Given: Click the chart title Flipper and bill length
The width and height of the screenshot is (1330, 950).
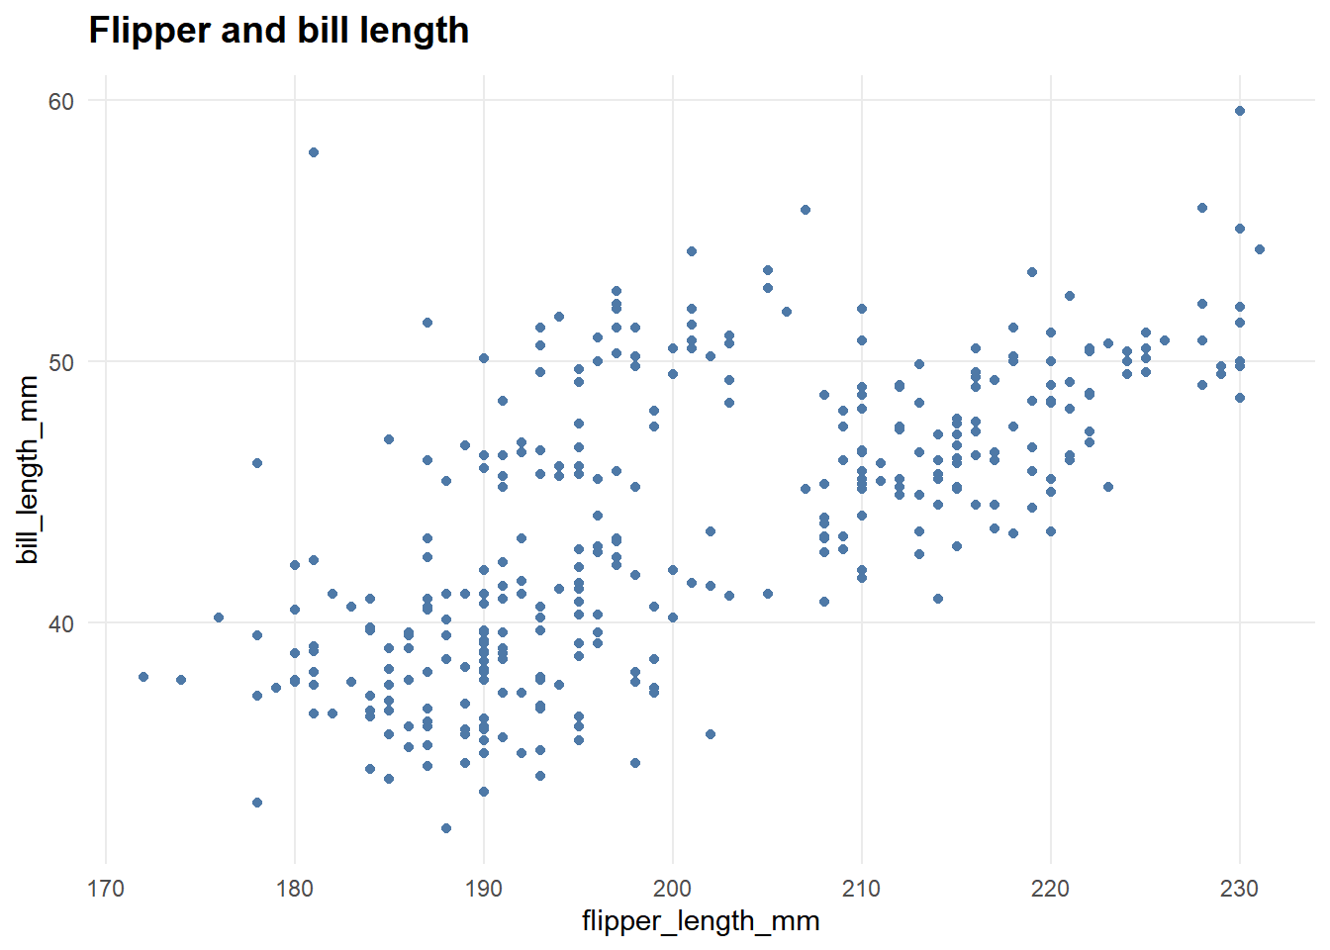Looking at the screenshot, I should coord(279,31).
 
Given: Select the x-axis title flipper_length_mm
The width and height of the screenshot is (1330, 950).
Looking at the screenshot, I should coord(701,921).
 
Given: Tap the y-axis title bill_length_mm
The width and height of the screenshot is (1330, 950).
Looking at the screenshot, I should coord(29,470).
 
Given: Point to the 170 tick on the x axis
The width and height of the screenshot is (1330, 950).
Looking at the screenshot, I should coord(106,888).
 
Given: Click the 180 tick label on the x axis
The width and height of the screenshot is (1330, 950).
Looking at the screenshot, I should coord(295,888).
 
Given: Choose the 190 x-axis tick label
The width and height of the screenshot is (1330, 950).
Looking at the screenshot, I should coord(484,888).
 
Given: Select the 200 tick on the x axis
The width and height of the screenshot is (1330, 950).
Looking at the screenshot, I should coord(673,888).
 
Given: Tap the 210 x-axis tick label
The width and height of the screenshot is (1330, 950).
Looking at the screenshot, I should coord(862,888).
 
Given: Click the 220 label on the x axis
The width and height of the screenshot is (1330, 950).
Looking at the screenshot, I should coord(1051,888).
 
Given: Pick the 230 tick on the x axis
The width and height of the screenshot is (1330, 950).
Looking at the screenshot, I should coord(1240,888).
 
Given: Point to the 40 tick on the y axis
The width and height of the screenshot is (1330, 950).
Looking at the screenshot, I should coord(61,623).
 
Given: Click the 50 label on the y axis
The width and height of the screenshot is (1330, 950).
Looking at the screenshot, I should coord(61,362).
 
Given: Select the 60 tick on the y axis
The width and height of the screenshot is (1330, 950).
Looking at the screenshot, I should coord(61,101).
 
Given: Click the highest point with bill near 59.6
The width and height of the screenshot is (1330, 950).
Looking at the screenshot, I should coord(1240,111).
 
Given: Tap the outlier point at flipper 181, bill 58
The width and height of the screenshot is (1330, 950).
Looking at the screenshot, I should coord(314,152).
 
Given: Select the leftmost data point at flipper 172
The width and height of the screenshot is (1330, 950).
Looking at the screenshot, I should coord(143,677).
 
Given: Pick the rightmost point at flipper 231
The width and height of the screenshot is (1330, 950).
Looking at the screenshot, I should coord(1259,249).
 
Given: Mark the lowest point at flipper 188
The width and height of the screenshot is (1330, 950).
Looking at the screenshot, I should coord(446,828).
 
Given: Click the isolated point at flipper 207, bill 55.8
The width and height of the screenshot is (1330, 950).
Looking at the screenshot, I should coord(806,210).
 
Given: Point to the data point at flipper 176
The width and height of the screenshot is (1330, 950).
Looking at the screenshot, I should coord(219,617).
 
